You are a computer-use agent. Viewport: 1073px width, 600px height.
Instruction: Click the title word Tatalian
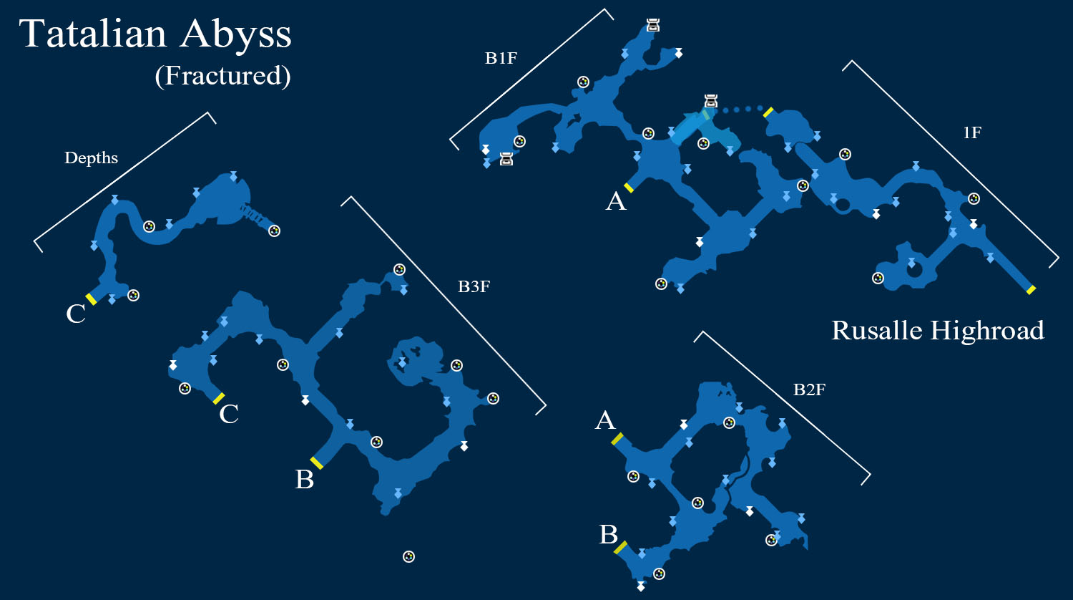92,34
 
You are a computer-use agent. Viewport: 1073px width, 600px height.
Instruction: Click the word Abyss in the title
236,37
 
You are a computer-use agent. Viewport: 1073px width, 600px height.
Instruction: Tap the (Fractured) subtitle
222,76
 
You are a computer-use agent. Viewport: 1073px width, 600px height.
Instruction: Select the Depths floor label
91,158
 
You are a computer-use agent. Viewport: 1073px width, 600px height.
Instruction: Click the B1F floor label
501,58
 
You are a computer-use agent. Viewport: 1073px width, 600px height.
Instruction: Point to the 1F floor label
972,132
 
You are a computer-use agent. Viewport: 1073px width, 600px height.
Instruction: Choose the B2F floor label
809,389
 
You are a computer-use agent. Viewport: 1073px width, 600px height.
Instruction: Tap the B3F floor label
474,286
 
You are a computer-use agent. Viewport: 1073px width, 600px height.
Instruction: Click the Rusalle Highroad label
937,331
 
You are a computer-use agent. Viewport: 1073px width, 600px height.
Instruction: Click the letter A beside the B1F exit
615,201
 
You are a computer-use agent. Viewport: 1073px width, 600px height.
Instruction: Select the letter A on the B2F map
605,420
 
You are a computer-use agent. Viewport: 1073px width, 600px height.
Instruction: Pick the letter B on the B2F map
608,534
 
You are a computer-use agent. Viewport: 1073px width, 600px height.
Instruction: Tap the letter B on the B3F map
304,479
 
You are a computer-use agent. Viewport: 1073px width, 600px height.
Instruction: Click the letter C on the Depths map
76,314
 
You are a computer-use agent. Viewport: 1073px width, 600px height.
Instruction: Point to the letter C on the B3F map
228,414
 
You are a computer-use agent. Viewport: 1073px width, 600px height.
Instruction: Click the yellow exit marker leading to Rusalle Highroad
1031,289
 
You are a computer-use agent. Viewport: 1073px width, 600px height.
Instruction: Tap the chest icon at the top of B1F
653,25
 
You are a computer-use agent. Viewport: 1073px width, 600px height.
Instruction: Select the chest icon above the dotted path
711,101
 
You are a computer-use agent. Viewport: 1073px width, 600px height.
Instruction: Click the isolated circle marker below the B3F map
408,556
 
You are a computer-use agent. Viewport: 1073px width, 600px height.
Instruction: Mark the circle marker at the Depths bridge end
274,231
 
